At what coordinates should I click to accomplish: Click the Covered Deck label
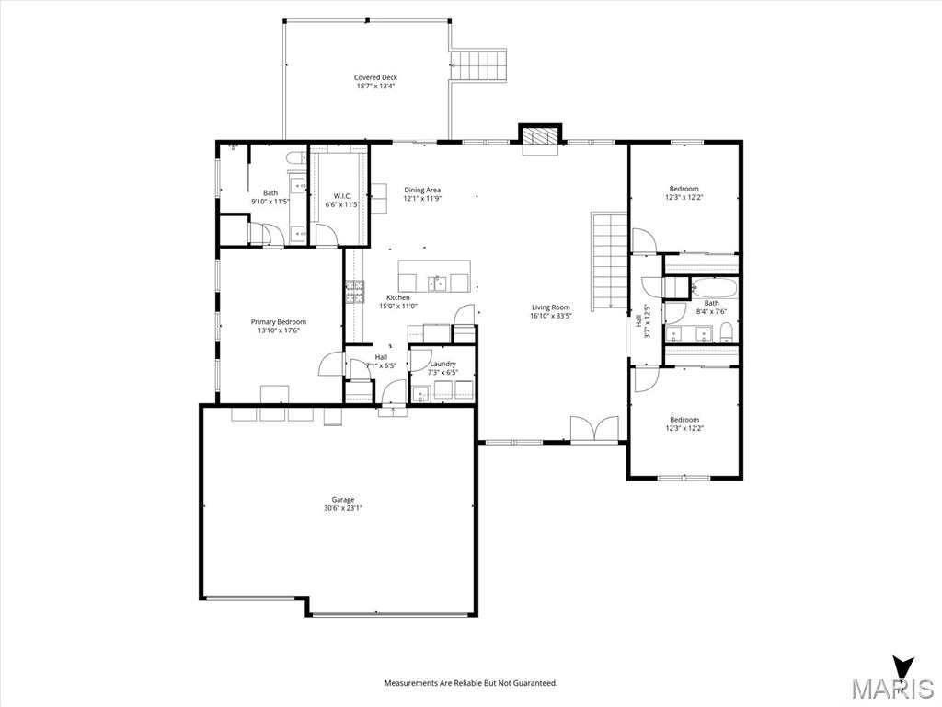tap(375, 78)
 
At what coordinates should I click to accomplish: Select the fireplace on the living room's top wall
tap(540, 135)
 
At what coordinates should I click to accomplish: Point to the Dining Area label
tap(422, 191)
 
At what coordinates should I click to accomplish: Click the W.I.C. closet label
tap(342, 196)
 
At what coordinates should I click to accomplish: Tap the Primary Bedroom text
tap(278, 322)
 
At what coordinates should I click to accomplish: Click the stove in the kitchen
tap(354, 292)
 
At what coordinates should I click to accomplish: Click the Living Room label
tap(550, 307)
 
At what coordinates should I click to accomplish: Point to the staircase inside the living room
tap(609, 261)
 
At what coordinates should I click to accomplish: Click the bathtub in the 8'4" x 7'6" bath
tap(713, 287)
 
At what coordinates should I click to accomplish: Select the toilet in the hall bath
tap(725, 331)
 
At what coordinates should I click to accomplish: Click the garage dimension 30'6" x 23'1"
tap(342, 508)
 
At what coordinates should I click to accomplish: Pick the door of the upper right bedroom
tap(644, 241)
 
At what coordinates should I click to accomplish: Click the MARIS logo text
tap(891, 689)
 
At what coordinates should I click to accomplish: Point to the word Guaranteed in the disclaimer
tap(531, 683)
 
